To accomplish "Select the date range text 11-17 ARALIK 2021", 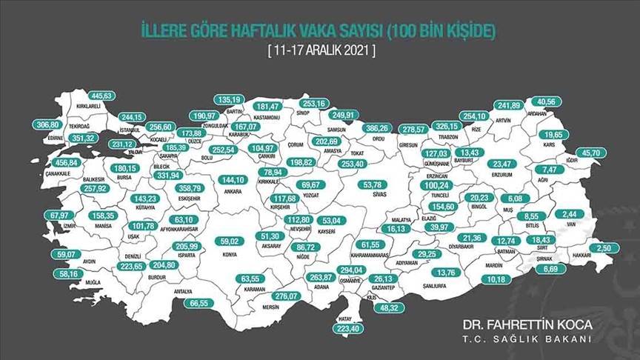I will point(320,50).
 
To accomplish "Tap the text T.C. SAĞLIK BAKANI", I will point(527,339).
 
